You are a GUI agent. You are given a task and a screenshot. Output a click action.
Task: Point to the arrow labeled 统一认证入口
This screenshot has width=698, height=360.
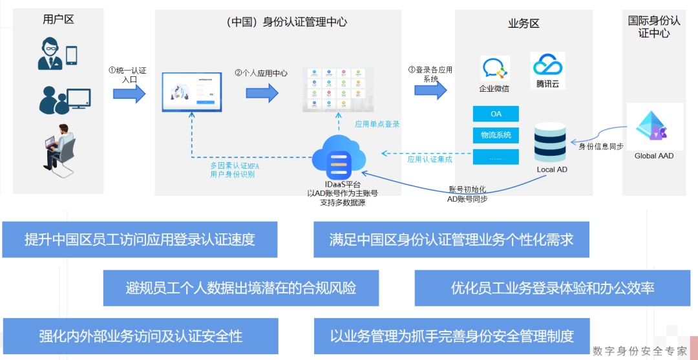click(x=129, y=94)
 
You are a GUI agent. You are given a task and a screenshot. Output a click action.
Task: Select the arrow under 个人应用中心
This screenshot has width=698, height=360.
click(x=262, y=93)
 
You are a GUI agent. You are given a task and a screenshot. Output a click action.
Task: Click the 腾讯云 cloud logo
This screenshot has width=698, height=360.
click(x=548, y=65)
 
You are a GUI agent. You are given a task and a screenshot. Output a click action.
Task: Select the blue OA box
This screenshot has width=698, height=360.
click(x=496, y=114)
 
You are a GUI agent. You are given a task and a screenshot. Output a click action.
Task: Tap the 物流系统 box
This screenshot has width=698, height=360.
click(x=496, y=135)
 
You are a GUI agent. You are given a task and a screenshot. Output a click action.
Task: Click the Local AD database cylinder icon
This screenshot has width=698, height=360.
click(x=551, y=143)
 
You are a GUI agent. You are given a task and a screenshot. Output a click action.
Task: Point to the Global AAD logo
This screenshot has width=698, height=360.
click(x=654, y=126)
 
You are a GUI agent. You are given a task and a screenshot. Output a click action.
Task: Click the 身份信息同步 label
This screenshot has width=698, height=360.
click(x=600, y=147)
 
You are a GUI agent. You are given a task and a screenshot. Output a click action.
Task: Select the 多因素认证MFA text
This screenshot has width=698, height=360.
click(x=235, y=165)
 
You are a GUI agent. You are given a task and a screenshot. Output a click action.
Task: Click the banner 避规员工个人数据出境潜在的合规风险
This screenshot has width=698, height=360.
click(x=240, y=288)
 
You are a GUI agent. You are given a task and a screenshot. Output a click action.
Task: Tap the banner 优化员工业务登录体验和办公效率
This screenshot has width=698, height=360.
click(x=553, y=288)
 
